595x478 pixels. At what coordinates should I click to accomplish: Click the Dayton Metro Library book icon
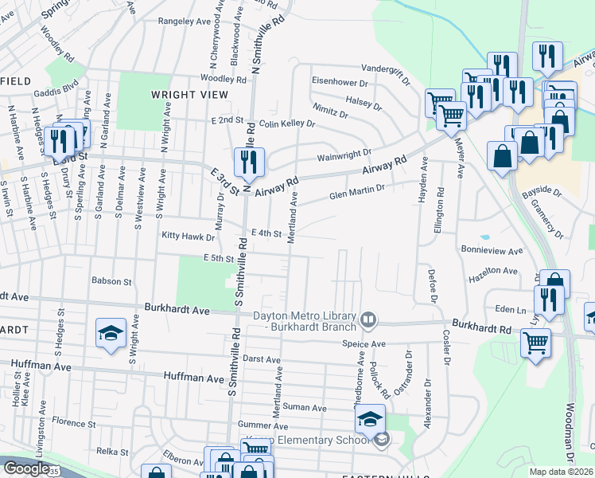368,320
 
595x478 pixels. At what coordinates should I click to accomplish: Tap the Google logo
25,468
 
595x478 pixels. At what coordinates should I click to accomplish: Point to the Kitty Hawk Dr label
189,237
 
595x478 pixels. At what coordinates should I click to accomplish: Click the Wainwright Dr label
344,153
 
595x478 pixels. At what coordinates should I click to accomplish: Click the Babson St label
111,281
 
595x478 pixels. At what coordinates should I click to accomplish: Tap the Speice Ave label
364,343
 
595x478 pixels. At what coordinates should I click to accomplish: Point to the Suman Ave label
310,408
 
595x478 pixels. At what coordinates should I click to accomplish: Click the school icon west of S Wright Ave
111,334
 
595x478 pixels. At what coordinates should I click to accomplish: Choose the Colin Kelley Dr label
287,124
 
